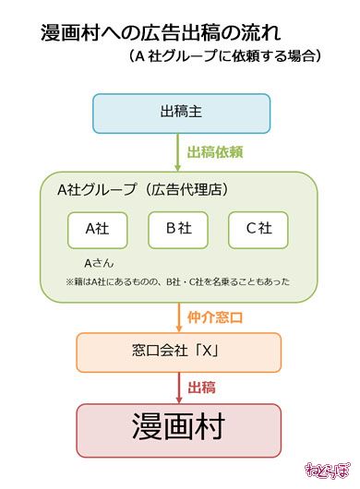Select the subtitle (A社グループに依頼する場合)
coord(225,56)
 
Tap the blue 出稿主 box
coord(180,113)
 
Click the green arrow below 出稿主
coord(180,151)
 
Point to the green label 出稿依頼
coord(214,152)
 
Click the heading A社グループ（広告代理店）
coord(143,191)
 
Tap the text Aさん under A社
coord(99,262)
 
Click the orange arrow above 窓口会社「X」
coord(180,317)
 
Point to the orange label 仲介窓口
coord(215,318)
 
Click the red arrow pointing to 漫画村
coord(180,388)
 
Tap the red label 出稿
coord(202,388)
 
